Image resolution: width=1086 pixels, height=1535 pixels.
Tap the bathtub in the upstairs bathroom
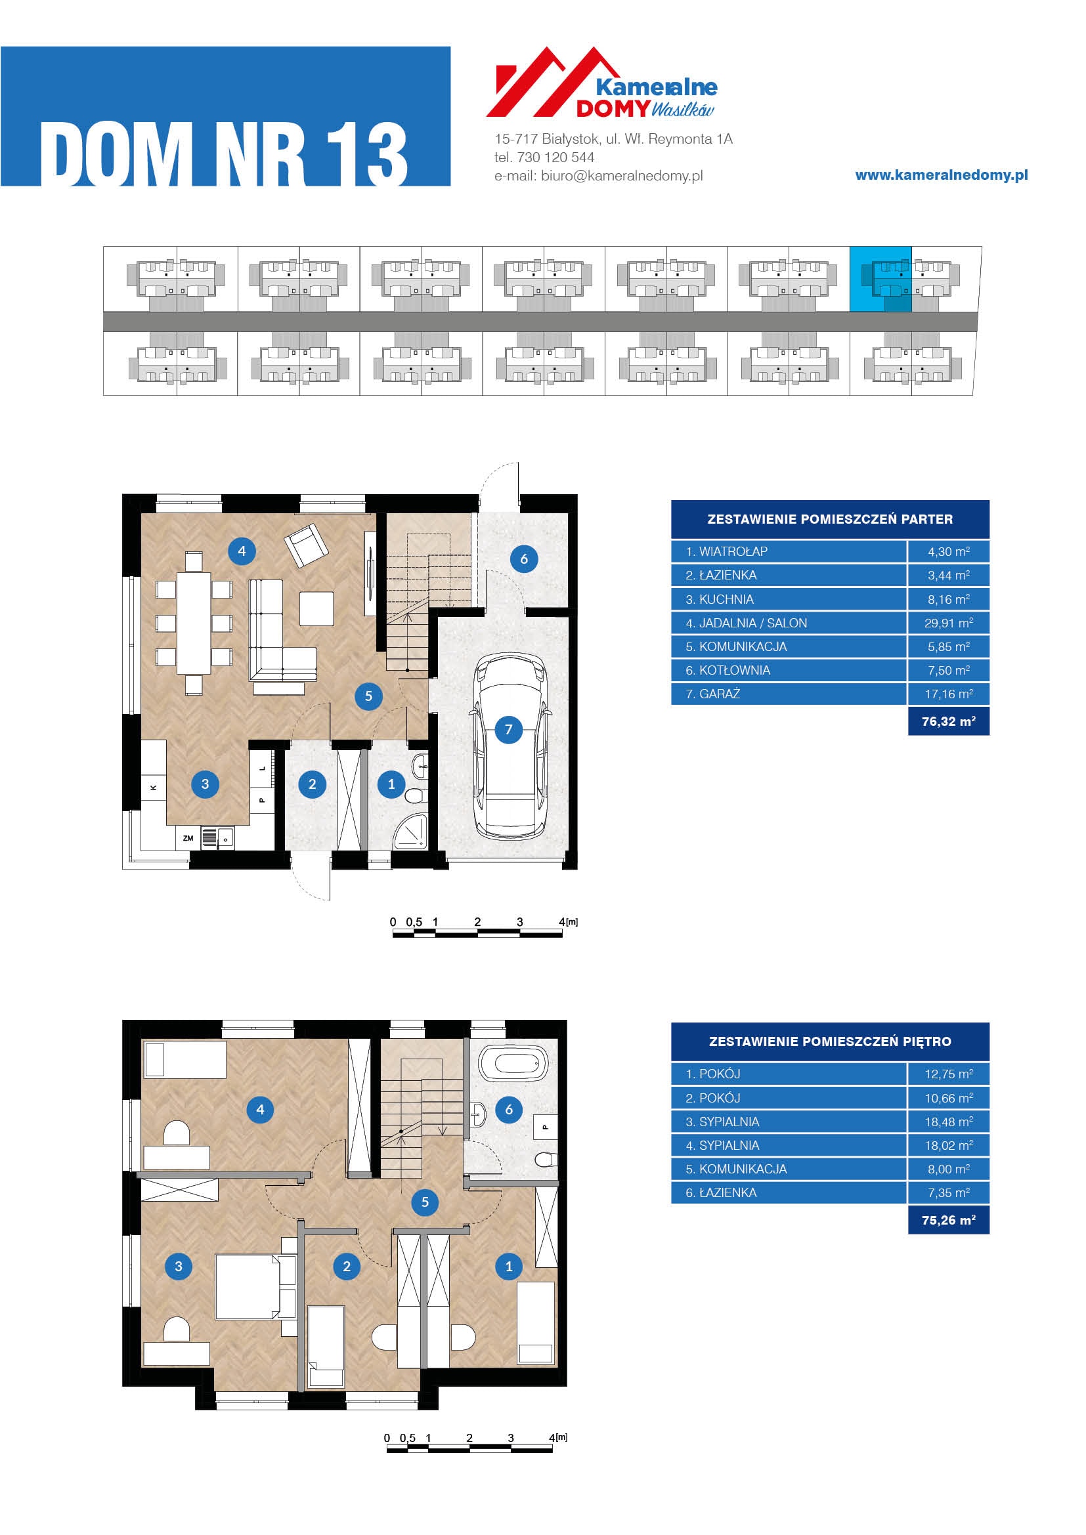513,1062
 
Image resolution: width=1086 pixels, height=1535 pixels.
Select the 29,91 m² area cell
948,623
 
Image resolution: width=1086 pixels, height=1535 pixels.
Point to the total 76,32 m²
948,721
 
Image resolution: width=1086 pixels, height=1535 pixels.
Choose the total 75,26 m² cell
948,1220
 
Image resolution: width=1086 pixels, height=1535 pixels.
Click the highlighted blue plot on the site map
880,279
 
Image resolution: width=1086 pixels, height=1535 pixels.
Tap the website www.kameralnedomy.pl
942,175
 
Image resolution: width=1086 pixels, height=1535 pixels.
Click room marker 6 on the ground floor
523,559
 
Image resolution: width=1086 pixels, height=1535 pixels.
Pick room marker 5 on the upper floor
425,1202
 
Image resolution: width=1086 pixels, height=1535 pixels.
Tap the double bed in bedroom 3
248,1286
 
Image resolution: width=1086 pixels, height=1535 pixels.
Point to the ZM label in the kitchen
188,837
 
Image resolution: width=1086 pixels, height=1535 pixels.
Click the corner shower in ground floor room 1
410,831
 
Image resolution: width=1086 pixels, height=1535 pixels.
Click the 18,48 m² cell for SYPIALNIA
948,1122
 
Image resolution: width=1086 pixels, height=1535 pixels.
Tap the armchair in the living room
306,545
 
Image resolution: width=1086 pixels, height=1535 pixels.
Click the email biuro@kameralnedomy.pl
622,176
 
